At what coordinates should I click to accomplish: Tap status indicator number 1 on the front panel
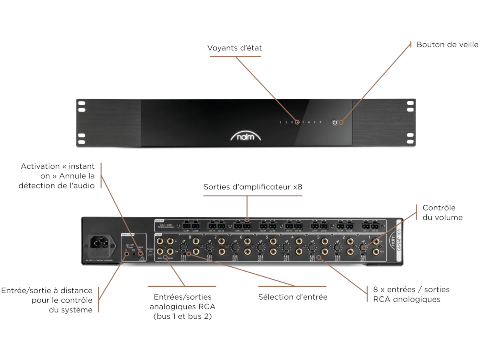[280, 122]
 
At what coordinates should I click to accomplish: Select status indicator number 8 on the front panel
[320, 122]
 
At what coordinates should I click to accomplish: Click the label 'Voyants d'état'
[234, 48]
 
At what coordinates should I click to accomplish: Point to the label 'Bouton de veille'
[447, 44]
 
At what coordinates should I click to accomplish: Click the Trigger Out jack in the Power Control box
[134, 253]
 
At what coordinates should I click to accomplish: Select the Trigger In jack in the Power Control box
[127, 253]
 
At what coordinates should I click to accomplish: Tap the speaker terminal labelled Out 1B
[375, 226]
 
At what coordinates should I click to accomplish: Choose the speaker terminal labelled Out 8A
[186, 226]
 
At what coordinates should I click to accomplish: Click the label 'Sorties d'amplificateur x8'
[252, 187]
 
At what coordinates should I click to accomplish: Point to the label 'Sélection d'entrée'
[293, 297]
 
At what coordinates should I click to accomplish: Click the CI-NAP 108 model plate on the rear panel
[398, 240]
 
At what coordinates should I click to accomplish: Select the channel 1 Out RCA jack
[376, 252]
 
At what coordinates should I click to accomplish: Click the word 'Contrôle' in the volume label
[439, 208]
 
